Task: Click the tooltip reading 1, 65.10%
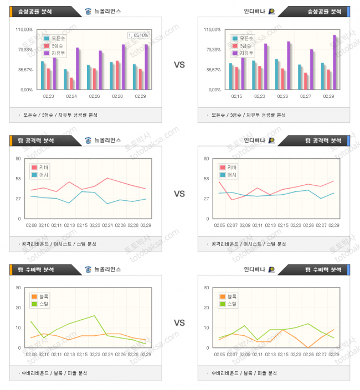138,35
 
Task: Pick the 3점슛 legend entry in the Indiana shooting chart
244,46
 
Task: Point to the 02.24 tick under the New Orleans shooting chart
71,96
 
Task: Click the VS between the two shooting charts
179,65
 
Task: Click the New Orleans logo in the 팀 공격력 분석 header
89,141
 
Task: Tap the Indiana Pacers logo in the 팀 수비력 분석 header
271,269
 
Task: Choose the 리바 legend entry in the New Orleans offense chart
41,167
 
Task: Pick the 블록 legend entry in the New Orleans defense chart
41,296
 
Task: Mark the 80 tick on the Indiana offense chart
207,159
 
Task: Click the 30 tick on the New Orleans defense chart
19,288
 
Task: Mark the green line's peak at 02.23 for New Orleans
95,315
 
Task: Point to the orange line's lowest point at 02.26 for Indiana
308,347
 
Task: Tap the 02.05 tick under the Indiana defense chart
219,354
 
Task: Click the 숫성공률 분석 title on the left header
32,11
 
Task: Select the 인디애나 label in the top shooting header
254,11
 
